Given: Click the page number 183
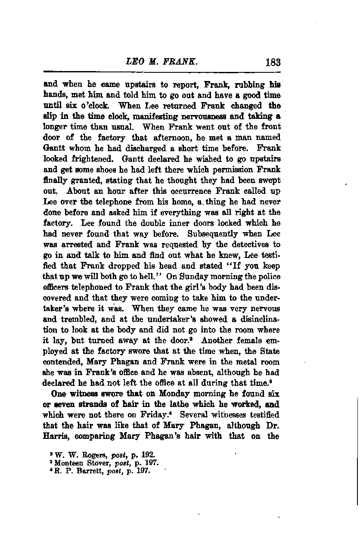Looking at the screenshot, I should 273,62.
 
